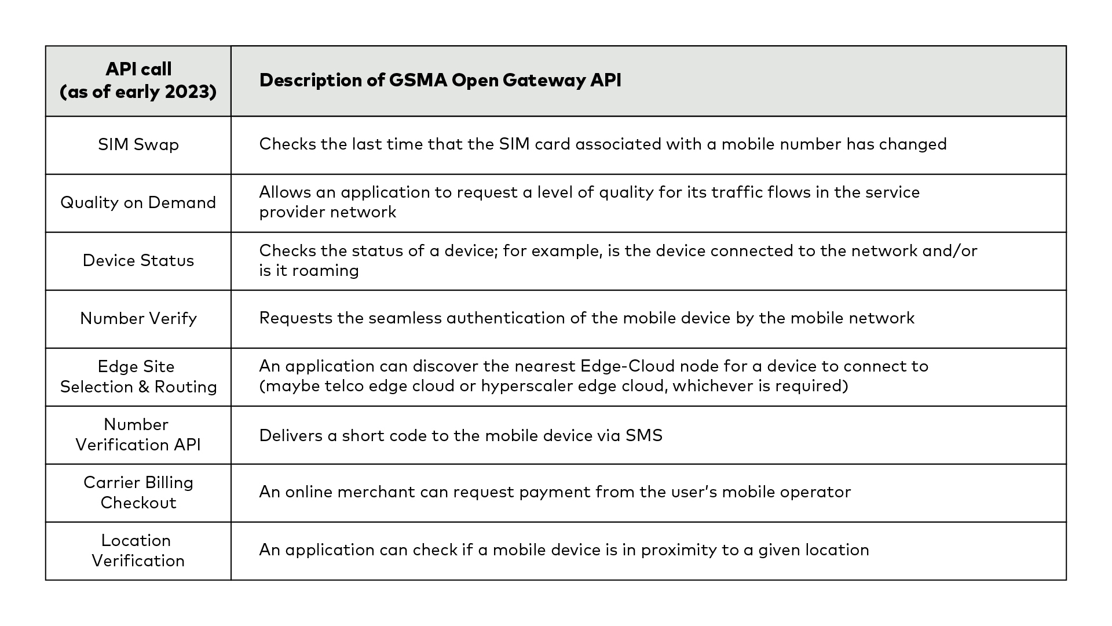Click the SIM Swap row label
138,144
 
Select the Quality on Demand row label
138,202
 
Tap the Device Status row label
138,260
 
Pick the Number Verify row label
138,318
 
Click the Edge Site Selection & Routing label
138,377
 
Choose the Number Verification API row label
138,435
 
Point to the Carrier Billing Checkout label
138,493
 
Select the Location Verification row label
138,551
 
